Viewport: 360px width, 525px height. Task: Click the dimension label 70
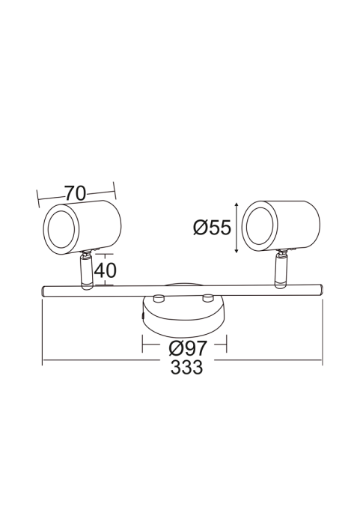(76, 193)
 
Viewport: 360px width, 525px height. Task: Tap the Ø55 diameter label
(212, 228)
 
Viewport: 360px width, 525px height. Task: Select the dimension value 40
(105, 270)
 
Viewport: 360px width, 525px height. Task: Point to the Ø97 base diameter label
(188, 348)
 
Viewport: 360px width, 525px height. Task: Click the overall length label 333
(186, 367)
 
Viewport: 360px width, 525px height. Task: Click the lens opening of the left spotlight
(61, 229)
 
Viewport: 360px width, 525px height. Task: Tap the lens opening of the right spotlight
(259, 226)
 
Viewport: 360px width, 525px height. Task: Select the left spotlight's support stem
(85, 270)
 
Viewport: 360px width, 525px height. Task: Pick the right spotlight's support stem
(281, 269)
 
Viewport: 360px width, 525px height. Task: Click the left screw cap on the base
(159, 298)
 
